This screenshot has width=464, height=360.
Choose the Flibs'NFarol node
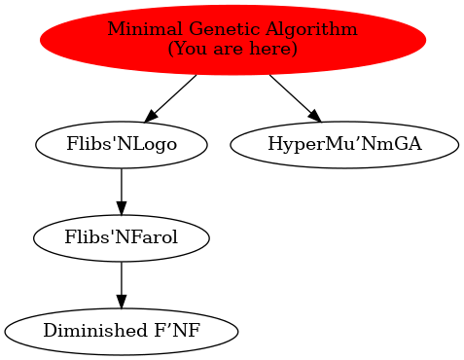121,236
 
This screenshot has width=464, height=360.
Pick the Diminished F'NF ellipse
121,330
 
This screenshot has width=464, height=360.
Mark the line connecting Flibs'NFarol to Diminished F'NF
121,278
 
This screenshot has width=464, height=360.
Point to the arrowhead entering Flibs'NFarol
121,206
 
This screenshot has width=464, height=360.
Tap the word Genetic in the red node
200,29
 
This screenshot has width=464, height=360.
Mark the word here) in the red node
274,48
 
